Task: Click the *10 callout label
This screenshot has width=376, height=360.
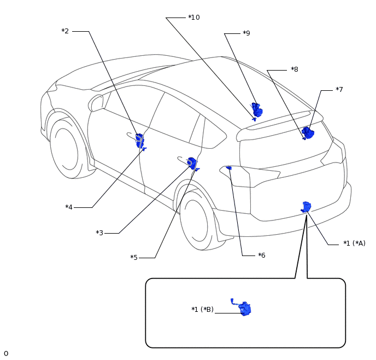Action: pyautogui.click(x=194, y=18)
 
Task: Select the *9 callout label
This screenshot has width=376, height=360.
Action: pyautogui.click(x=246, y=33)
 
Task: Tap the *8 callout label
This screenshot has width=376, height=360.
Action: pyautogui.click(x=294, y=69)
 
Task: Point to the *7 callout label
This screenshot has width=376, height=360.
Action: pyautogui.click(x=339, y=89)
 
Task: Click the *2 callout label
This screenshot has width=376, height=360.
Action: pyautogui.click(x=65, y=31)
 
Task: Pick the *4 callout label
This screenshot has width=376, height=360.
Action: pyautogui.click(x=69, y=207)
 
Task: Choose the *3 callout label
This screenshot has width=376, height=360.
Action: pyautogui.click(x=99, y=233)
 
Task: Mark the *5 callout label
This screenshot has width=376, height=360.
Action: pyautogui.click(x=134, y=257)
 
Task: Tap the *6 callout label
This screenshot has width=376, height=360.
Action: pyautogui.click(x=262, y=255)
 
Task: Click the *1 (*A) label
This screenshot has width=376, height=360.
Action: pyautogui.click(x=354, y=243)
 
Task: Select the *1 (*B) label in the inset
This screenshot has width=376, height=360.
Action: pyautogui.click(x=202, y=309)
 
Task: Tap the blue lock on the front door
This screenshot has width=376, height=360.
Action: pyautogui.click(x=140, y=141)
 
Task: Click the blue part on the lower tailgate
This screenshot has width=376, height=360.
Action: pyautogui.click(x=306, y=207)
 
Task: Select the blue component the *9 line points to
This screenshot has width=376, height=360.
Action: pyautogui.click(x=257, y=110)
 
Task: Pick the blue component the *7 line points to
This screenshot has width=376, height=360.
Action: pyautogui.click(x=308, y=133)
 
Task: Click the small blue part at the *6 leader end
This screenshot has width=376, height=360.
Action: pyautogui.click(x=229, y=168)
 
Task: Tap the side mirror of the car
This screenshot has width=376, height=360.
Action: pyautogui.click(x=96, y=103)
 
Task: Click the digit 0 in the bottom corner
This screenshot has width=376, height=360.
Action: pyautogui.click(x=6, y=353)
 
